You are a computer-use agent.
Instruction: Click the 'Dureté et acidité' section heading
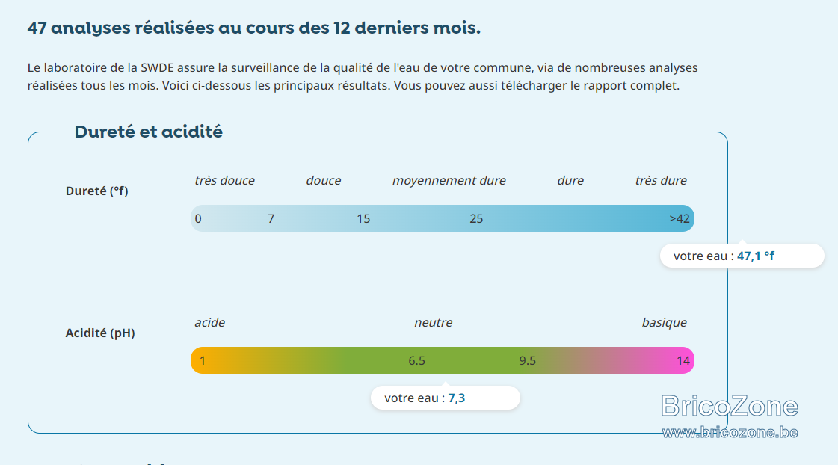(x=149, y=132)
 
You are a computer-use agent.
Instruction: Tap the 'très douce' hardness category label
(x=224, y=181)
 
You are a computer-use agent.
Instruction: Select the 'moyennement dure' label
(x=449, y=181)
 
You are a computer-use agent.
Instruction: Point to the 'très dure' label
(x=661, y=181)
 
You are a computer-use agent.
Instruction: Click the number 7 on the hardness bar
(x=271, y=218)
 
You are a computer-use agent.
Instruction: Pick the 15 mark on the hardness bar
(x=363, y=218)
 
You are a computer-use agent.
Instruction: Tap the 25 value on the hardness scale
(x=476, y=218)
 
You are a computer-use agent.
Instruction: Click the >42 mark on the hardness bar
(x=680, y=218)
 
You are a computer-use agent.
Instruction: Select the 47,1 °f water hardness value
(x=756, y=256)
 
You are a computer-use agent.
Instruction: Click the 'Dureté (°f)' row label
(x=96, y=191)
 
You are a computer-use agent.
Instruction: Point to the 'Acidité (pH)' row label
(x=100, y=333)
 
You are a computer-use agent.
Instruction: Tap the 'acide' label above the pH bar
(x=209, y=323)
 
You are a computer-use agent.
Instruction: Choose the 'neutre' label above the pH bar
(x=434, y=323)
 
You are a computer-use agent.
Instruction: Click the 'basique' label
(x=665, y=323)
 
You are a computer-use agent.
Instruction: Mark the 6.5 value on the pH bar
(x=417, y=361)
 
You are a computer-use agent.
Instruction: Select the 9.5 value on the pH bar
(x=528, y=361)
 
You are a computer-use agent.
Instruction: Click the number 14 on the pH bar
(x=683, y=361)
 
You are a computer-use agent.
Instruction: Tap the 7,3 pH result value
(x=457, y=398)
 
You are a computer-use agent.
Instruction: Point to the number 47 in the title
(x=37, y=28)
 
